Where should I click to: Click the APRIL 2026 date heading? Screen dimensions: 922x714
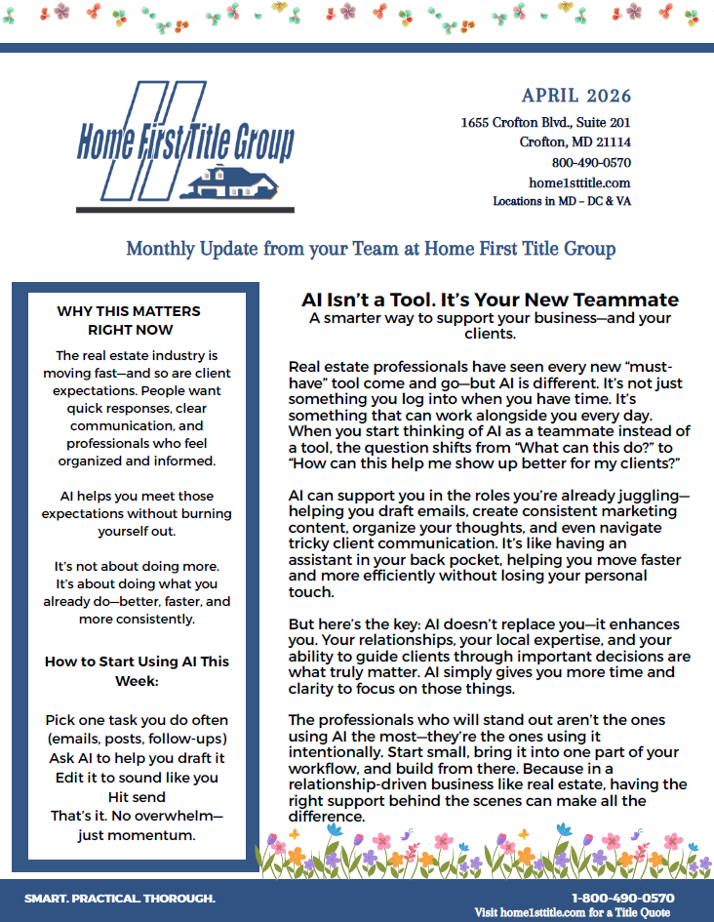(575, 96)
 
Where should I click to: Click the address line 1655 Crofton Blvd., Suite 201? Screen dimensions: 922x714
(545, 123)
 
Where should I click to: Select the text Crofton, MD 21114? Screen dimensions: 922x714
(575, 142)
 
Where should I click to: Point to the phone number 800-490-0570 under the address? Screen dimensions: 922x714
(591, 163)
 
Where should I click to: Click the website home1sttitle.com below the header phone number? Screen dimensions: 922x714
(579, 182)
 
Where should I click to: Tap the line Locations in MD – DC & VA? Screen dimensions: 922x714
(562, 201)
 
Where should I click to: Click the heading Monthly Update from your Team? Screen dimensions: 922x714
(371, 249)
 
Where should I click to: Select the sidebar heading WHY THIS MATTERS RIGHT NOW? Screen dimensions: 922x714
(129, 321)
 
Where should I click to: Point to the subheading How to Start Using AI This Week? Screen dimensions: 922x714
(137, 670)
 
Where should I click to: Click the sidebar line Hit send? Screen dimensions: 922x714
(137, 796)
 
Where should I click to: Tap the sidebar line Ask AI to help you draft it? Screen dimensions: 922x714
(137, 758)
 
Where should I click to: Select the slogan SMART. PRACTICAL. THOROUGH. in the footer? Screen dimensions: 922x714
(120, 898)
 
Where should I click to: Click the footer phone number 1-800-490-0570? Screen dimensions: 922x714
(622, 898)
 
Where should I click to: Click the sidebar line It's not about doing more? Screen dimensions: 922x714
(137, 567)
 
